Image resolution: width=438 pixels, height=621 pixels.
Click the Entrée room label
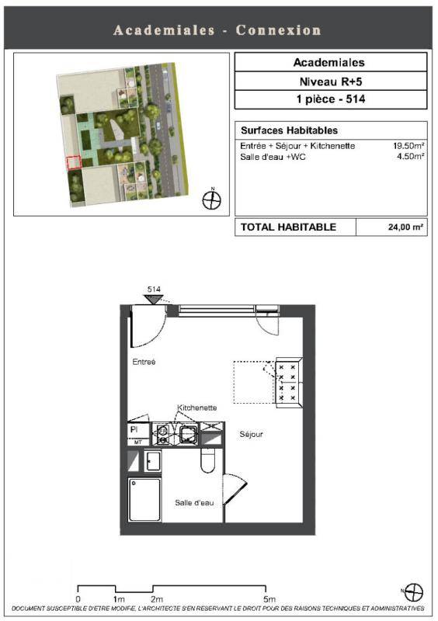[x=144, y=362]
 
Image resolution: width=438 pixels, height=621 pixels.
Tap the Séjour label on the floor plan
[x=252, y=434]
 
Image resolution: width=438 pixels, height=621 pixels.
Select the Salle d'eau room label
[x=194, y=502]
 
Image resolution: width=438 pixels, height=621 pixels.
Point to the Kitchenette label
[x=197, y=408]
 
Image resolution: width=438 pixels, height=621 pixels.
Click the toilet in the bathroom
[x=207, y=460]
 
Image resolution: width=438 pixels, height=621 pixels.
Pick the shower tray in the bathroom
[x=144, y=500]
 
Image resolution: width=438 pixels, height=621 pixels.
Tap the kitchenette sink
[x=188, y=434]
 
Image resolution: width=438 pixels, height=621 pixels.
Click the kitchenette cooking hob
[x=163, y=435]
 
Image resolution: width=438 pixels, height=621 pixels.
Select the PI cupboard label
[x=134, y=429]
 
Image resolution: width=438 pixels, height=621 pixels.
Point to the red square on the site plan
[x=73, y=163]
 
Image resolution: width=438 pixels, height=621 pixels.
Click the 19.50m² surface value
[x=409, y=145]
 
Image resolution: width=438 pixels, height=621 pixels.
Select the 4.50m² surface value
[x=411, y=156]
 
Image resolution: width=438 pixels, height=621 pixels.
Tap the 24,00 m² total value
[x=405, y=227]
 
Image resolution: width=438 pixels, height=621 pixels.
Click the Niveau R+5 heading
[x=331, y=82]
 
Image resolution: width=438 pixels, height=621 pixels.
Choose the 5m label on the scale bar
[x=269, y=599]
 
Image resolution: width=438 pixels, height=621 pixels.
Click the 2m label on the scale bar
[x=157, y=599]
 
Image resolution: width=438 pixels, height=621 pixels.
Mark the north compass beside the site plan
[x=212, y=200]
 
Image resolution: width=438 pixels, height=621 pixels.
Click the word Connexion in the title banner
[x=279, y=30]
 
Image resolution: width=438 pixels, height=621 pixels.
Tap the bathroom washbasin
[x=152, y=461]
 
